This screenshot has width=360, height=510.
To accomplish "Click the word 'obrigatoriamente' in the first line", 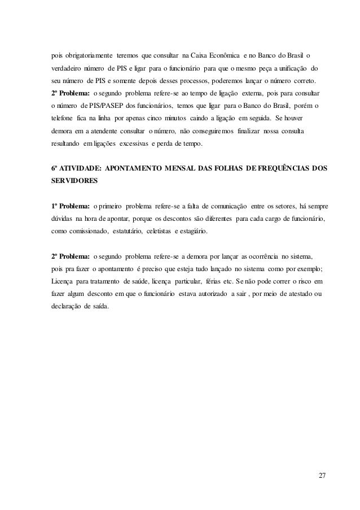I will point(86,57).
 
